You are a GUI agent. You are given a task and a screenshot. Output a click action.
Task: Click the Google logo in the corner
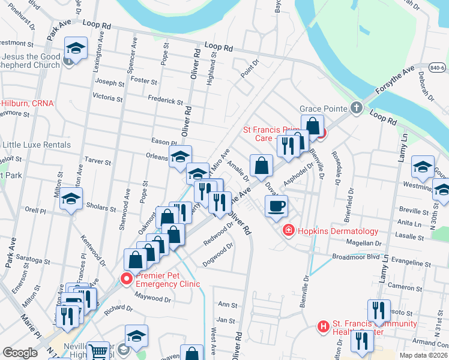click(x=20, y=353)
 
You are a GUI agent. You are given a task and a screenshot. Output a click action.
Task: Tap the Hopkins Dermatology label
click(x=339, y=231)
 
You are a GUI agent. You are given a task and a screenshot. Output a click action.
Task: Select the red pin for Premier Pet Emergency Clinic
click(x=126, y=278)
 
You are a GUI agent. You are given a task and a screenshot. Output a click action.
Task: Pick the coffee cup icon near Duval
click(x=276, y=206)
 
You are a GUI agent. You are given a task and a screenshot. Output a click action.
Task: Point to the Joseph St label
click(x=109, y=82)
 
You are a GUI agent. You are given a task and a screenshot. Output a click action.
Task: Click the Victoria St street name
click(x=107, y=97)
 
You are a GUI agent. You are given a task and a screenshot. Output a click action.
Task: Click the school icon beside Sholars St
click(x=71, y=200)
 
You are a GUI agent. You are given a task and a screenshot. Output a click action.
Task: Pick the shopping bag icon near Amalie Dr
click(x=262, y=166)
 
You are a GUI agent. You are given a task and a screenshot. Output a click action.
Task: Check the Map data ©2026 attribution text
click(x=423, y=355)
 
